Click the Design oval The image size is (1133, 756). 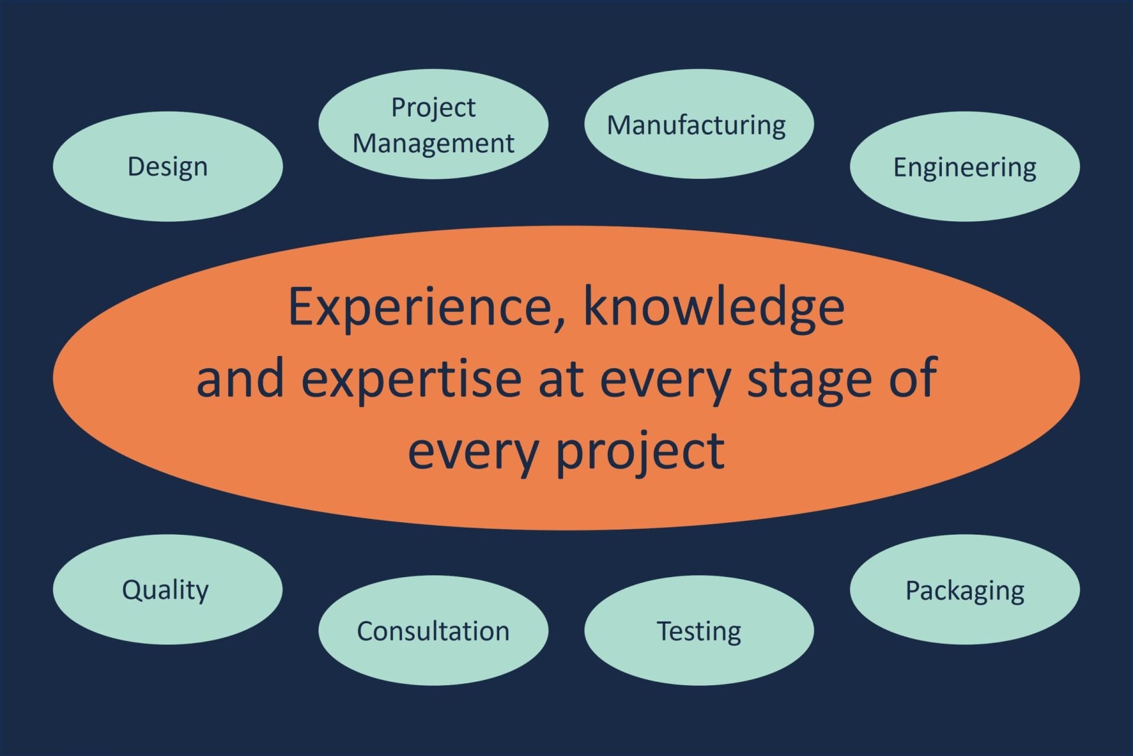[168, 166]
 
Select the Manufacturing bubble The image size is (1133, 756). [699, 124]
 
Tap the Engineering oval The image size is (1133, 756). [965, 166]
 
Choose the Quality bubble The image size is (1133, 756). [168, 589]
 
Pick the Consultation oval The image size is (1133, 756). [433, 630]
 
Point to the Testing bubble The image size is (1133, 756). [699, 630]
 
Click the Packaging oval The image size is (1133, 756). [965, 589]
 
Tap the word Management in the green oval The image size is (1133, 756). [433, 144]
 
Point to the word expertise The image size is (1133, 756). [411, 379]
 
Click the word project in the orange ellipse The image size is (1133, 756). [640, 451]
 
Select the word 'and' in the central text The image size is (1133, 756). [240, 378]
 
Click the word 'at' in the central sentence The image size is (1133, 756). [561, 379]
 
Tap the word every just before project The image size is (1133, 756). [473, 454]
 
